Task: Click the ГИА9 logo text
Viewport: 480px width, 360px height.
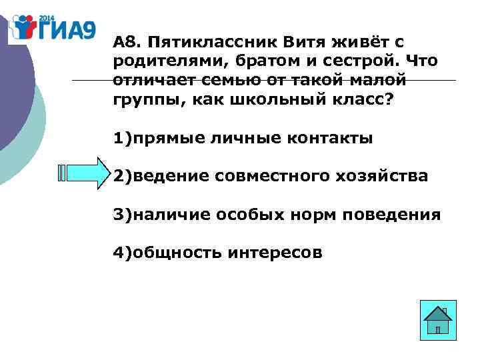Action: [x=67, y=29]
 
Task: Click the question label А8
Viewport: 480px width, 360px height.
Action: [x=125, y=43]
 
